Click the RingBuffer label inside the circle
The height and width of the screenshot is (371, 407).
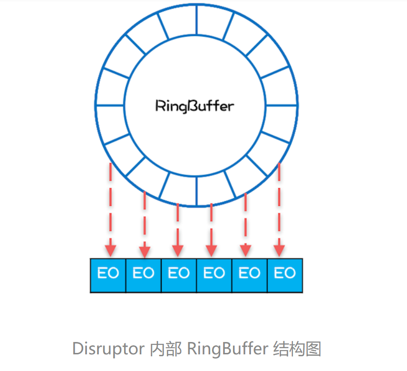195,106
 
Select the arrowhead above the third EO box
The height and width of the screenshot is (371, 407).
178,250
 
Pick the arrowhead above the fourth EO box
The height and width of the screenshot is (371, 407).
212,250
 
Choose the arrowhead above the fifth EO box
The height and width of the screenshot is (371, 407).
245,250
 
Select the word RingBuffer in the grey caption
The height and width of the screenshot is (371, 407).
228,349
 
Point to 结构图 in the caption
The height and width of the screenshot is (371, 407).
297,349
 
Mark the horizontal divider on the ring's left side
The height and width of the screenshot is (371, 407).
109,105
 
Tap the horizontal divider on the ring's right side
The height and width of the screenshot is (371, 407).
281,105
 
